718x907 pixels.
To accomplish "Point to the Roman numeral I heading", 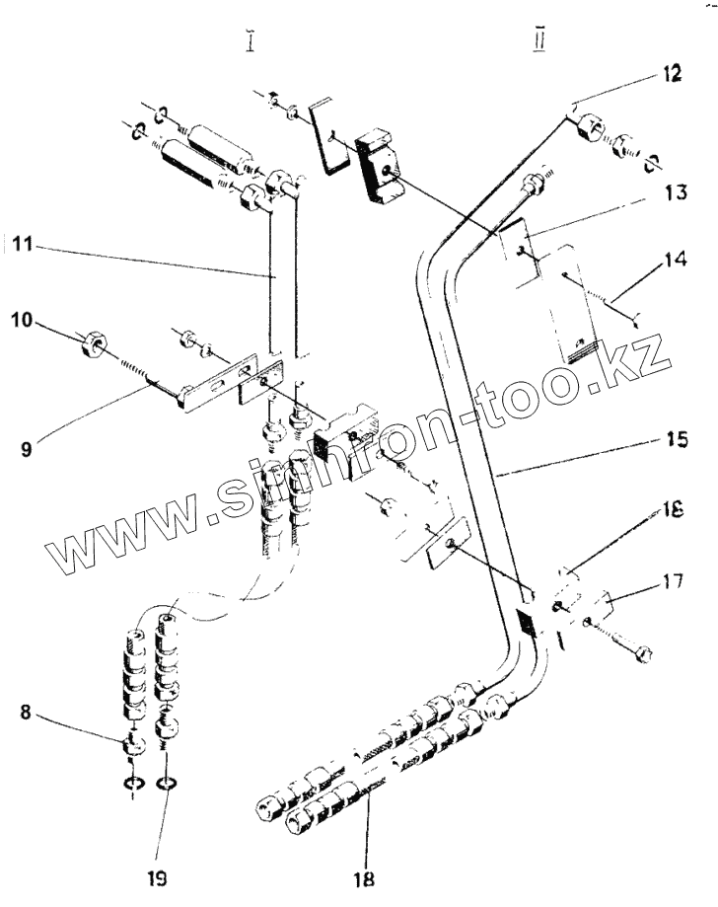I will (253, 43).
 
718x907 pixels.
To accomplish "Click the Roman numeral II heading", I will (540, 44).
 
